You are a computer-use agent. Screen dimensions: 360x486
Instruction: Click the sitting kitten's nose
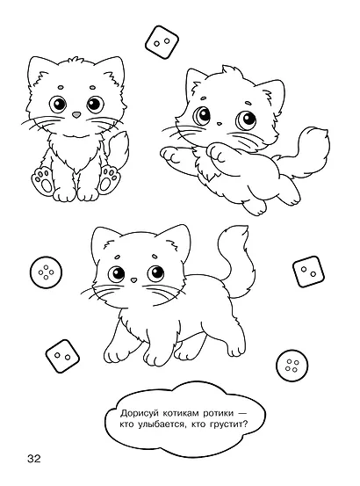pos(76,114)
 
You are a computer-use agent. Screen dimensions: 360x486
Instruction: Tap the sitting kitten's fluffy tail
pos(118,149)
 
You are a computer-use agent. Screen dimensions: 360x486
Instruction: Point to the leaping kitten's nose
pos(219,124)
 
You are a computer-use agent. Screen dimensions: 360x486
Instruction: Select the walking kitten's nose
pos(133,280)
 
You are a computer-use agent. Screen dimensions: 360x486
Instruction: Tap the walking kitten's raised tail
pos(236,261)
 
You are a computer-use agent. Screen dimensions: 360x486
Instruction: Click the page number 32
pos(34,458)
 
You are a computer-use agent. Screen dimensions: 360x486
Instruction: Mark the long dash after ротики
pos(243,413)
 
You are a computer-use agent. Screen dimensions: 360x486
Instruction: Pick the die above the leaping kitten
pos(162,42)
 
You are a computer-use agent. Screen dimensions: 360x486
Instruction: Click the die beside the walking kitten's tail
pos(308,272)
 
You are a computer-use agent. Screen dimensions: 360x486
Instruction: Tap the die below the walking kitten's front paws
pos(62,356)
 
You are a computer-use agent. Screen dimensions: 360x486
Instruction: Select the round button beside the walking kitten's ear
pos(47,272)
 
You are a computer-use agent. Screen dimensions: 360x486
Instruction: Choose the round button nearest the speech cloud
pos(292,365)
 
